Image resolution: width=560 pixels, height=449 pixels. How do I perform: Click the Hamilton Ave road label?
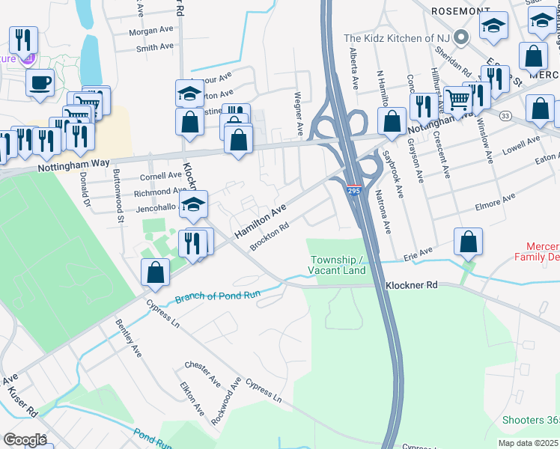(261, 222)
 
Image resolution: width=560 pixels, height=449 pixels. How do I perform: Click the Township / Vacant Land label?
(338, 265)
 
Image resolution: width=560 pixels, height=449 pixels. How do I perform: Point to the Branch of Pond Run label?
(217, 297)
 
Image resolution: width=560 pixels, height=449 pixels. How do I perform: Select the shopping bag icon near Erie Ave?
(468, 242)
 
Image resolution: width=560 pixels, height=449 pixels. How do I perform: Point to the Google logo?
(25, 440)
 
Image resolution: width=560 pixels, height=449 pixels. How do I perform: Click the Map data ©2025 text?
(529, 443)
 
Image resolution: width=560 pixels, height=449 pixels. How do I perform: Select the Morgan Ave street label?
(150, 31)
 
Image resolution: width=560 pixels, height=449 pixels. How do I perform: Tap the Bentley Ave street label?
(128, 337)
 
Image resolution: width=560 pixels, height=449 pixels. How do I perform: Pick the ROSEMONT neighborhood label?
(459, 12)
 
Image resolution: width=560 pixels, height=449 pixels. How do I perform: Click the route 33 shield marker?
(506, 115)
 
